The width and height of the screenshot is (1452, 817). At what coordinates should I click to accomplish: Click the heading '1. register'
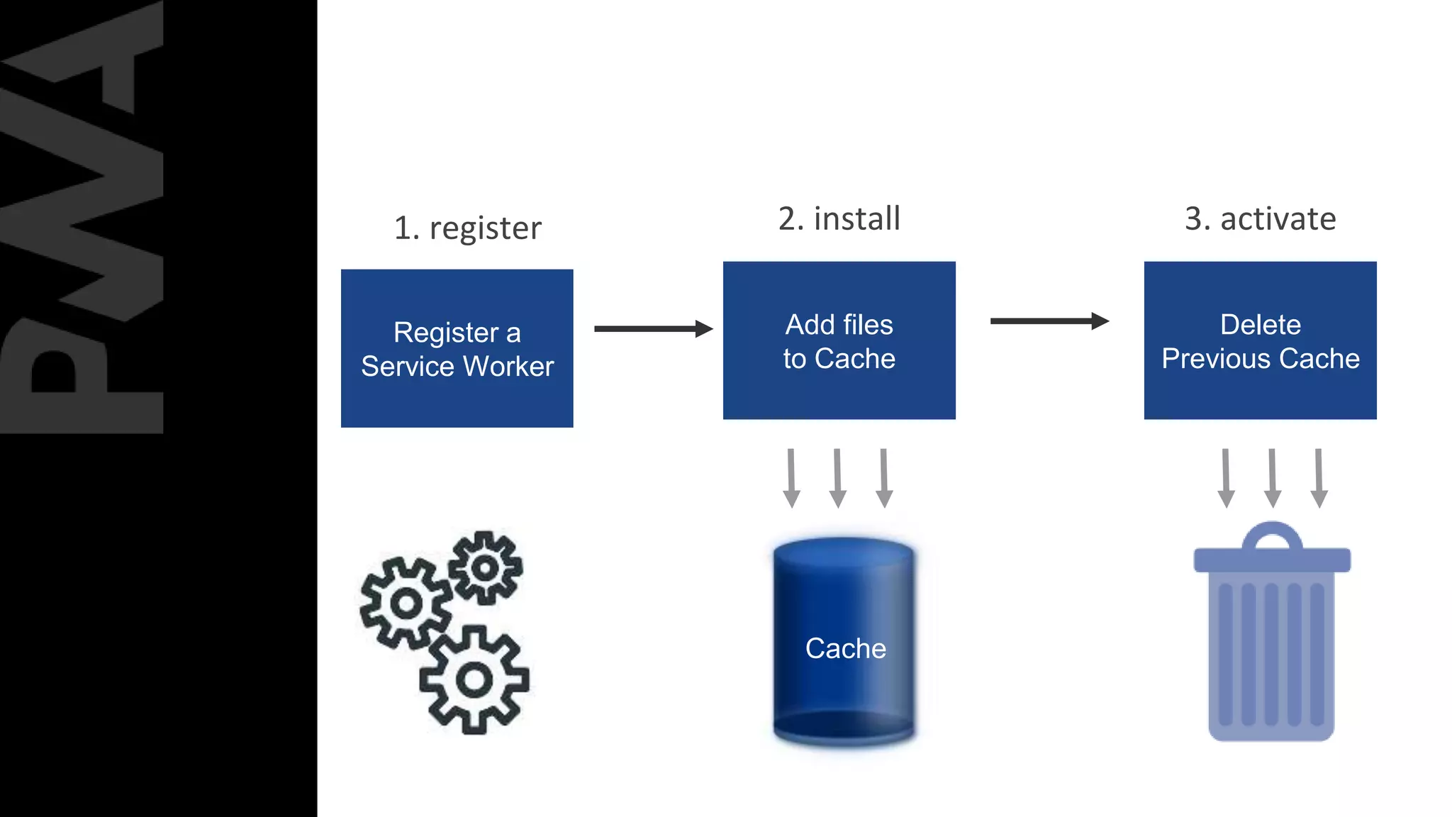467,228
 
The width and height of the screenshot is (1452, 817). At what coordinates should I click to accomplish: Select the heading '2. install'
839,218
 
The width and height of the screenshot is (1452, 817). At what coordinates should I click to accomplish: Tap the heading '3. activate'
1260,218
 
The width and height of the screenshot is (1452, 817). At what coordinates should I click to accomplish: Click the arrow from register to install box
652,328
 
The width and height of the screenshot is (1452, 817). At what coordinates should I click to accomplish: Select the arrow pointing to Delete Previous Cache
1049,321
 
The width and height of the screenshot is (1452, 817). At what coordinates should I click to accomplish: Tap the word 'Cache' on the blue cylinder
845,648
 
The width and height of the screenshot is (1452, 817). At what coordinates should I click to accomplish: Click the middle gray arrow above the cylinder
837,477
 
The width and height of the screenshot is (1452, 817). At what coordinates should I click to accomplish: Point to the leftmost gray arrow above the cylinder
791,477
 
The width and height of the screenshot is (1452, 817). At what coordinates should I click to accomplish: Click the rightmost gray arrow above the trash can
1318,477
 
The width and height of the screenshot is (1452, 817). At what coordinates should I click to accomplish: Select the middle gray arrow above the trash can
1272,477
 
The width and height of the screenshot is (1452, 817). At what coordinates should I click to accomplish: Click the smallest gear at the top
486,567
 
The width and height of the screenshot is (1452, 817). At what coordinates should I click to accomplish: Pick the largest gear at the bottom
474,680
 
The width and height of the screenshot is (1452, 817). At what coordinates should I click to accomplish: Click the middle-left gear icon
406,604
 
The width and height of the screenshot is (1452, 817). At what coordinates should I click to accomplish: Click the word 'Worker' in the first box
508,366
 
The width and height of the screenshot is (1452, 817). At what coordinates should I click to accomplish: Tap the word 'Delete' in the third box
1260,325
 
